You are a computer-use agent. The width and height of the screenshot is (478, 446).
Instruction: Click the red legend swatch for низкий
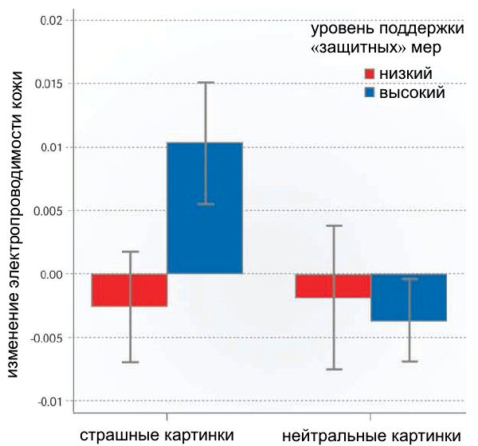point(370,74)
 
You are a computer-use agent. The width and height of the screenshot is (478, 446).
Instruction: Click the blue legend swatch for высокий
point(370,93)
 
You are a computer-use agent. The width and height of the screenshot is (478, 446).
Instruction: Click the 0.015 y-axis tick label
point(46,84)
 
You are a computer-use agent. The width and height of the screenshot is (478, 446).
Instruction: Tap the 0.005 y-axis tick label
point(46,211)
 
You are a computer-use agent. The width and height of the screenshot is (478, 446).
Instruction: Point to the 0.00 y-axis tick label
point(49,274)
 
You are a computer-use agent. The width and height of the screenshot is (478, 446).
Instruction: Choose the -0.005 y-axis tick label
point(45,338)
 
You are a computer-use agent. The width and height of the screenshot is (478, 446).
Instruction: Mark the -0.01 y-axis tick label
point(48,401)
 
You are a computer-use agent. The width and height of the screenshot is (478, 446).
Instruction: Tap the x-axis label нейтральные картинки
point(371,435)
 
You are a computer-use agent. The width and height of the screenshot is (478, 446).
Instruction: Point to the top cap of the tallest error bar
point(206,82)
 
